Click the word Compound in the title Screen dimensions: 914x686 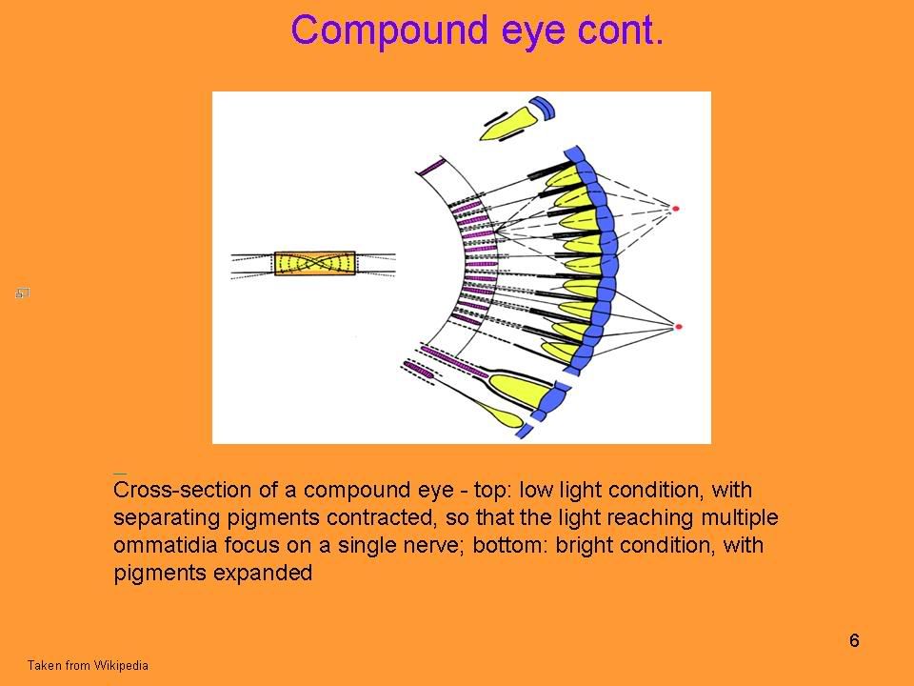388,31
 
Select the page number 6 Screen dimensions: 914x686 854,640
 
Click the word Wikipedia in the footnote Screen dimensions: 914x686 121,665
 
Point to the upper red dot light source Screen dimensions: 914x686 676,209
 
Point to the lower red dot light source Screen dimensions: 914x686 678,327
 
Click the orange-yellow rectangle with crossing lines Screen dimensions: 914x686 315,263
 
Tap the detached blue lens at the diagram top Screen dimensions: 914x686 542,108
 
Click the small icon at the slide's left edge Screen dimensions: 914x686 22,293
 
